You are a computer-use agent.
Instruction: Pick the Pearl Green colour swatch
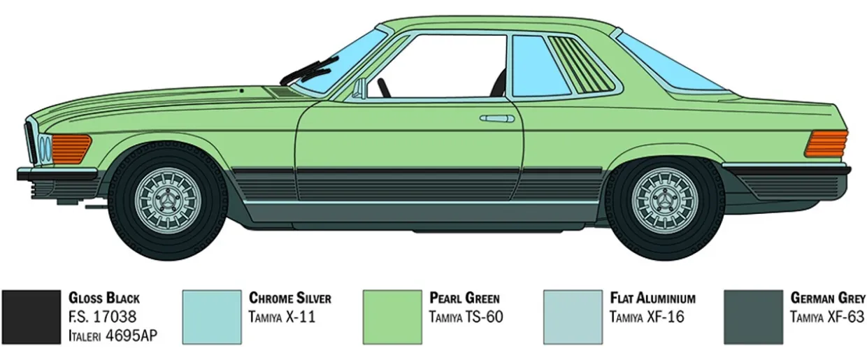392,317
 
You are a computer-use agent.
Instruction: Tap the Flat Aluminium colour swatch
573,317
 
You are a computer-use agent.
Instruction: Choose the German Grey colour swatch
753,317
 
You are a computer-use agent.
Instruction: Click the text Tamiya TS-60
466,317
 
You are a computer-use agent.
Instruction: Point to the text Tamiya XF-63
827,317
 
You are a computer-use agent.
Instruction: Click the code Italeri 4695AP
113,336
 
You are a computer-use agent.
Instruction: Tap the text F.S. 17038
102,317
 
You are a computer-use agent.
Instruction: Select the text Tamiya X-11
282,317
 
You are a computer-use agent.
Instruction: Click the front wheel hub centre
168,201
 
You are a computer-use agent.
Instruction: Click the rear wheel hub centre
665,201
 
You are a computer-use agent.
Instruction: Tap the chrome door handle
497,118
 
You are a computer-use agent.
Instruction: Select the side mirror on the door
359,89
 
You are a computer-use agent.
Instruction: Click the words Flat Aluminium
652,298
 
